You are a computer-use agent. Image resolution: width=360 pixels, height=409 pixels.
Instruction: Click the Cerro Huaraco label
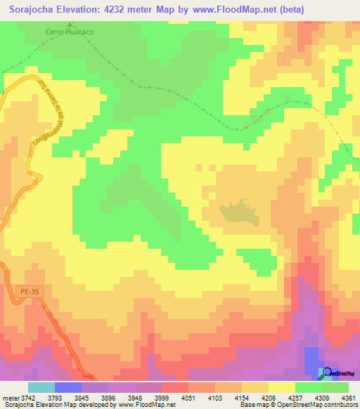69,32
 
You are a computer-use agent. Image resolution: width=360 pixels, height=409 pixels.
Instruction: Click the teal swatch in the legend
41,387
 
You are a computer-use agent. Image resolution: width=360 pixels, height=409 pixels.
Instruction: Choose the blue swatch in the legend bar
68,387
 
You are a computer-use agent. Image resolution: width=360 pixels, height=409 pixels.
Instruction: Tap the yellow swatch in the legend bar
281,387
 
